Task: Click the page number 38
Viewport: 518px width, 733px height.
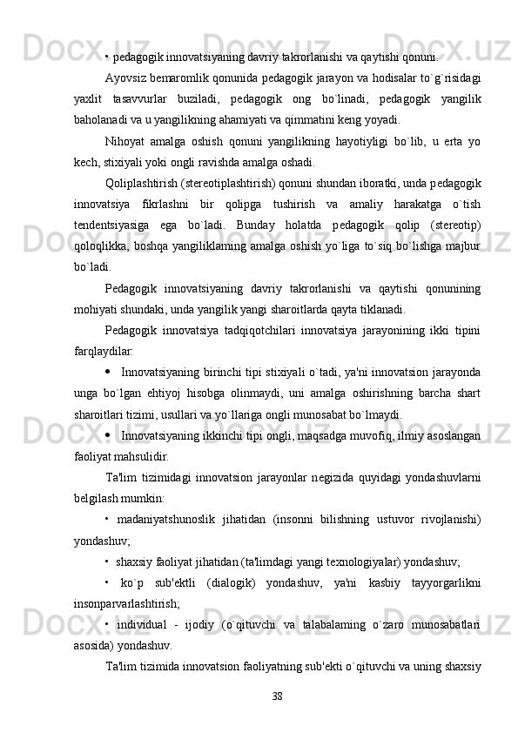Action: coord(277,696)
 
